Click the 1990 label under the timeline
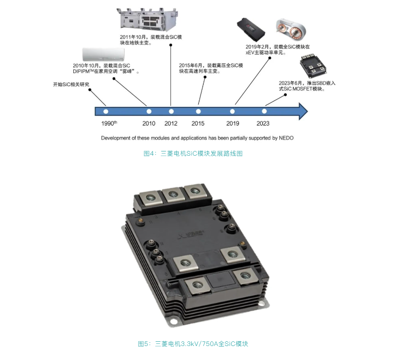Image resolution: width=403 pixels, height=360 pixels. coord(109,123)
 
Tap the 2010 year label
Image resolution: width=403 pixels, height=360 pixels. coord(149,123)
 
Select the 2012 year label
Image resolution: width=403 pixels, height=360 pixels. coord(171,123)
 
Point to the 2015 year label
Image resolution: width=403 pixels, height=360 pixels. coord(198,123)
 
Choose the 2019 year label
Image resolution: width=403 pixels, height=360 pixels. coord(233,123)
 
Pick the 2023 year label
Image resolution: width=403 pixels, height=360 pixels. coord(263,123)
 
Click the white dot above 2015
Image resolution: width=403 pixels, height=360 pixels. coord(198,112)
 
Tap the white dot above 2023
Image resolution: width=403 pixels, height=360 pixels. coord(264,112)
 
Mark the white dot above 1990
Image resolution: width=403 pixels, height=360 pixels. coord(105,112)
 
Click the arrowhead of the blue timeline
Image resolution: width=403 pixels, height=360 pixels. coord(303,111)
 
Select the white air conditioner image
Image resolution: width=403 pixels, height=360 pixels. coord(103,54)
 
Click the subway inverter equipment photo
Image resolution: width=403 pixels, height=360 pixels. coord(147,20)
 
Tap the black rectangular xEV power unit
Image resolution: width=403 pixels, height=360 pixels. coord(251,30)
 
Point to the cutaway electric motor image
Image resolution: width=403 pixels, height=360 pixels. coord(291,29)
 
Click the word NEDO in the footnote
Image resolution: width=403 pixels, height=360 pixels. coord(286,138)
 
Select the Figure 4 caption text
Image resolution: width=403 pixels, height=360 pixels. coord(193,154)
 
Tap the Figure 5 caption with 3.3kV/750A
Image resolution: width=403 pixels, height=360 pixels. coord(193,344)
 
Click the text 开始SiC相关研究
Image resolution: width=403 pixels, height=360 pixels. coord(71,84)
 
